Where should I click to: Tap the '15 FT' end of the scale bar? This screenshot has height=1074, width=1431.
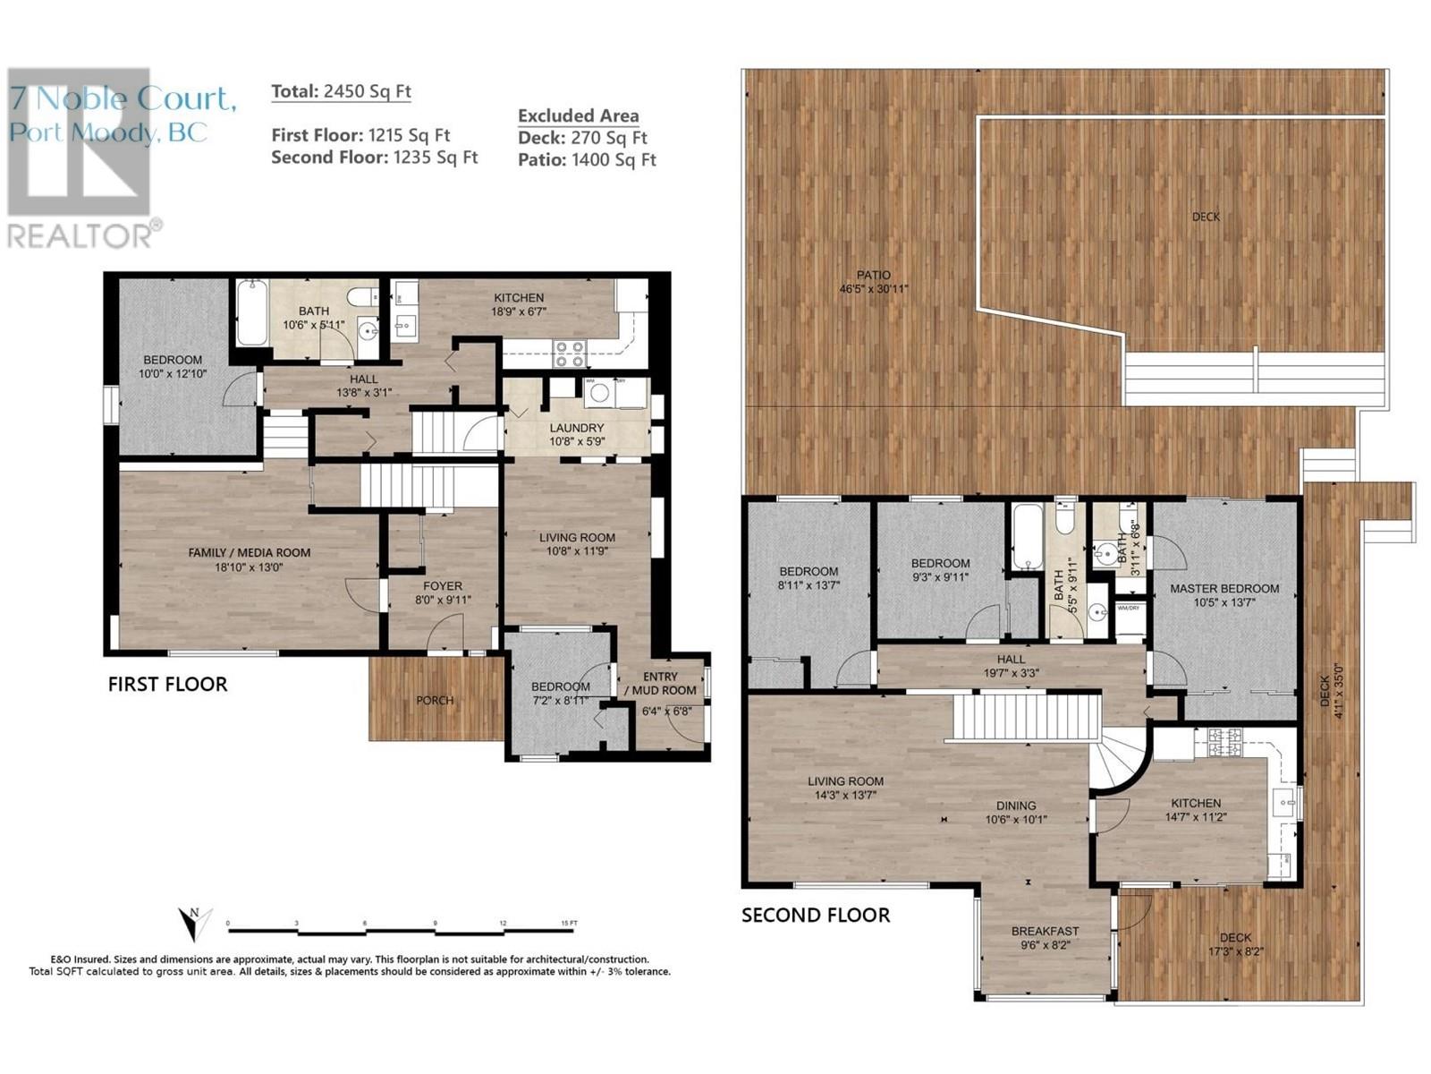567,924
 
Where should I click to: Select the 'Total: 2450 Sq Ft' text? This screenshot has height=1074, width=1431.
341,91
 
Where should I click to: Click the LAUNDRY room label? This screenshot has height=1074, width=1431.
577,428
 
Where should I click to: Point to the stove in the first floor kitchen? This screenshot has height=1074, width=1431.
570,354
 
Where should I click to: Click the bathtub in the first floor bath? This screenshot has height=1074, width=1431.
251,313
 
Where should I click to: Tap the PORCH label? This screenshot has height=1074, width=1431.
435,700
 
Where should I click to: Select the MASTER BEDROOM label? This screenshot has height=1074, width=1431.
1224,589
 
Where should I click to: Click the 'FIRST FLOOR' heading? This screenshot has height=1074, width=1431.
167,685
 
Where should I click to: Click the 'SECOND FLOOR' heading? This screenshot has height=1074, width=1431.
816,915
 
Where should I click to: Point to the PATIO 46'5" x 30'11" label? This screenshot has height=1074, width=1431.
874,282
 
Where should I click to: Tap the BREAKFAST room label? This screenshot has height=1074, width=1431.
1045,931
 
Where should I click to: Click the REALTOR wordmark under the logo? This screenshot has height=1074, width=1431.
80,235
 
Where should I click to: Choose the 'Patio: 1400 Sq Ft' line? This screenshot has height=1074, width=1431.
587,160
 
